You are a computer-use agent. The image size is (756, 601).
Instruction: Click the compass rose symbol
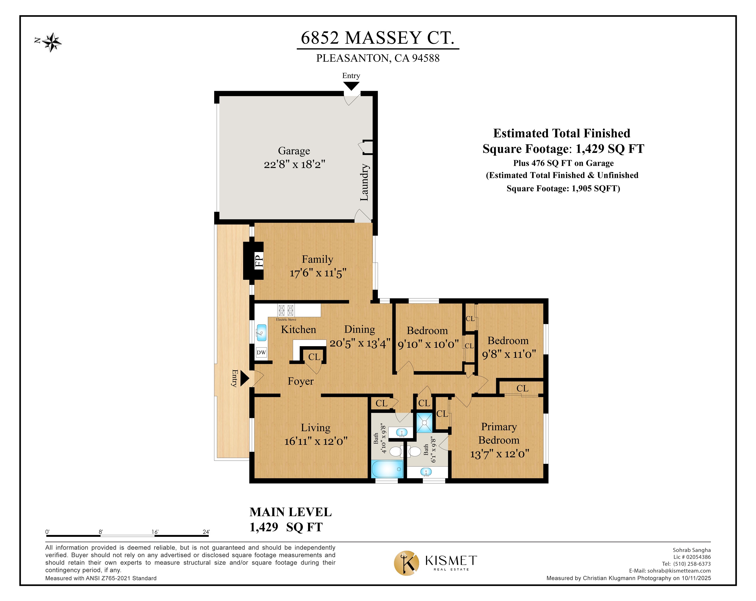52,43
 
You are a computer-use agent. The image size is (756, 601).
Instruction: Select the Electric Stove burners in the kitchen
286,310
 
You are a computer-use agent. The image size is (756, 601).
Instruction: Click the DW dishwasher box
261,352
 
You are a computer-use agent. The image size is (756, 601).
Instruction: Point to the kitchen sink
261,333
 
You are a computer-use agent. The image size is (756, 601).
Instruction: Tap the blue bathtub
387,469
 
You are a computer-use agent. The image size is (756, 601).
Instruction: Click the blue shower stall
424,423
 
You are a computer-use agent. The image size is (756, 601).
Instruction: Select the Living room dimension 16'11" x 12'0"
316,441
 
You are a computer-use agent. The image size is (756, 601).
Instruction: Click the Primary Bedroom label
499,433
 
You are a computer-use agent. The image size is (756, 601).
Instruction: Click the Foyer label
300,381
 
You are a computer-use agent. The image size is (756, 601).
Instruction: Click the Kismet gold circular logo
406,563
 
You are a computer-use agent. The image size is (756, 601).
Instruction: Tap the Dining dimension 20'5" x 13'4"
360,343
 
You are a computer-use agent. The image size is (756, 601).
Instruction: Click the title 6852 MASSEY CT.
378,38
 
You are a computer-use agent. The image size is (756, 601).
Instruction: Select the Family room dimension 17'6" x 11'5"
318,273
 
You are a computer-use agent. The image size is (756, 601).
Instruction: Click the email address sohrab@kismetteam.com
679,571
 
